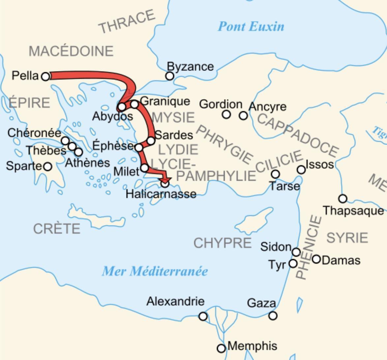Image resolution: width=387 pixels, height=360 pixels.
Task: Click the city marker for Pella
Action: [45, 76]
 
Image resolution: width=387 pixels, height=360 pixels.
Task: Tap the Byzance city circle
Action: [169, 76]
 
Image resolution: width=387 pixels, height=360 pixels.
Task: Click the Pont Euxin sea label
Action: [251, 26]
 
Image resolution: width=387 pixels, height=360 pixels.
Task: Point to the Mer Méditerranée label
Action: [155, 271]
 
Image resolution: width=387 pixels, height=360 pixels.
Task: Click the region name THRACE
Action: [127, 21]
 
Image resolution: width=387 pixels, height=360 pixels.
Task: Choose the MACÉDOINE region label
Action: [71, 51]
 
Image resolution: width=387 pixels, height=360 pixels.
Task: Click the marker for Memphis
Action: [222, 348]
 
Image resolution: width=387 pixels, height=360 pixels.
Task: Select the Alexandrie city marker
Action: [203, 316]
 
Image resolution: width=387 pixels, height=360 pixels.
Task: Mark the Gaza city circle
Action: [273, 315]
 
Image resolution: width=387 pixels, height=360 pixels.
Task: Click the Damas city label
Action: [341, 260]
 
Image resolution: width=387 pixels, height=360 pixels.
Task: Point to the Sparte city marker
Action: [48, 166]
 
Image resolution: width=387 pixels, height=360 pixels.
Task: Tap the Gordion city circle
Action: [226, 114]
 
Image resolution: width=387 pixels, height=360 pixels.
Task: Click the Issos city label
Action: [320, 164]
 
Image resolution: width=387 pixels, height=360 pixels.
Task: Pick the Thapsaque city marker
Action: [343, 198]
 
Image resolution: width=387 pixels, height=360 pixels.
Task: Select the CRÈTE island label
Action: [57, 228]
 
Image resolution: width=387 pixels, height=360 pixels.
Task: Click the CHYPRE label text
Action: [223, 243]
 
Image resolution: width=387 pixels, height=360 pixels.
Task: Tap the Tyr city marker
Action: [293, 263]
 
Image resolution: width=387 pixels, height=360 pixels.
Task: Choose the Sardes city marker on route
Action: [151, 141]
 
